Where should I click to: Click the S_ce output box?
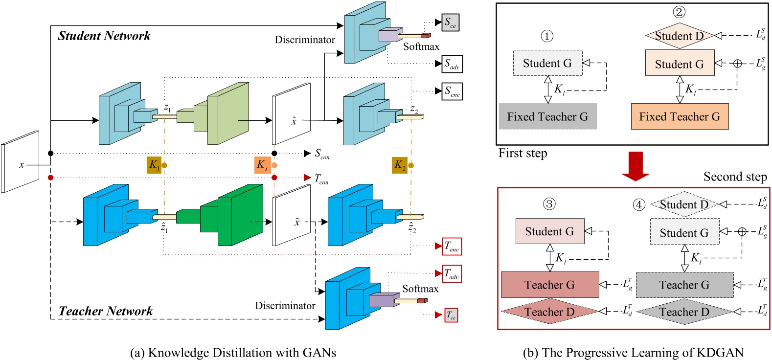(x=451, y=22)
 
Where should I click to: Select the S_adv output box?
(x=452, y=64)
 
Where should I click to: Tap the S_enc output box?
(x=452, y=91)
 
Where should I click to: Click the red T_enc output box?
(x=452, y=247)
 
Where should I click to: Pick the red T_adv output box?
(x=452, y=274)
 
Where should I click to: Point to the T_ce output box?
(x=451, y=315)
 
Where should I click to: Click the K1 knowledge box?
(x=154, y=165)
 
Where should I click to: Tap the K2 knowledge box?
(x=400, y=165)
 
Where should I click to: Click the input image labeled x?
(x=20, y=162)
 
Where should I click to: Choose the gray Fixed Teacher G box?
(x=547, y=116)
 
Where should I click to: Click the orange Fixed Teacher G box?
(x=680, y=116)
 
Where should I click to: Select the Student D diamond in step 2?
(x=679, y=36)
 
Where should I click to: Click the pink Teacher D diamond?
(x=549, y=312)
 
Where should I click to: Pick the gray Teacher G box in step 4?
(x=684, y=285)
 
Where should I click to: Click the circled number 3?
(x=549, y=204)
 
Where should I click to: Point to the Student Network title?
(x=104, y=36)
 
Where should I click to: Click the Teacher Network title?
(x=106, y=311)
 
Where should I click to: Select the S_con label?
(x=322, y=154)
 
